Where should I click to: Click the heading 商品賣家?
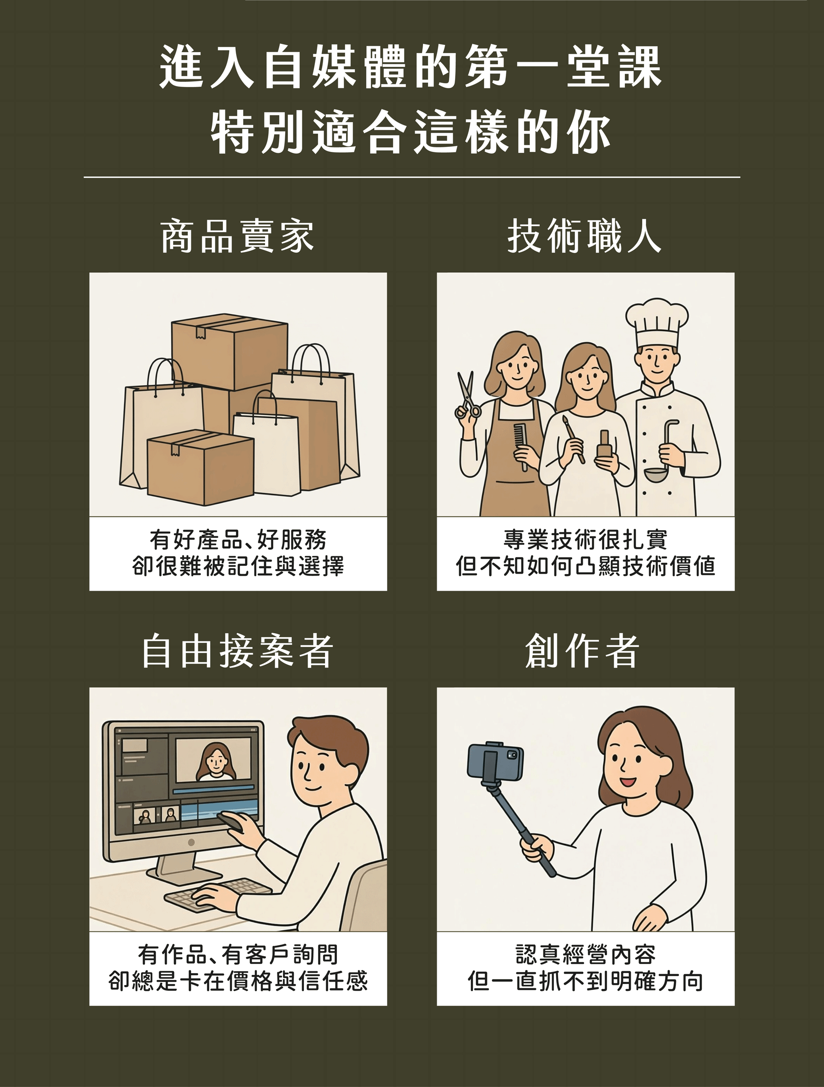(x=238, y=237)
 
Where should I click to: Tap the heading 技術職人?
(x=585, y=237)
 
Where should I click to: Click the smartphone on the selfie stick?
(x=495, y=763)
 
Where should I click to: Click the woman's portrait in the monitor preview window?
(x=214, y=762)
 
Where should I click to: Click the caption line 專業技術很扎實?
(x=585, y=539)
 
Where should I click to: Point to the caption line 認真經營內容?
(x=585, y=955)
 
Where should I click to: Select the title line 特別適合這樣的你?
(x=411, y=132)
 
